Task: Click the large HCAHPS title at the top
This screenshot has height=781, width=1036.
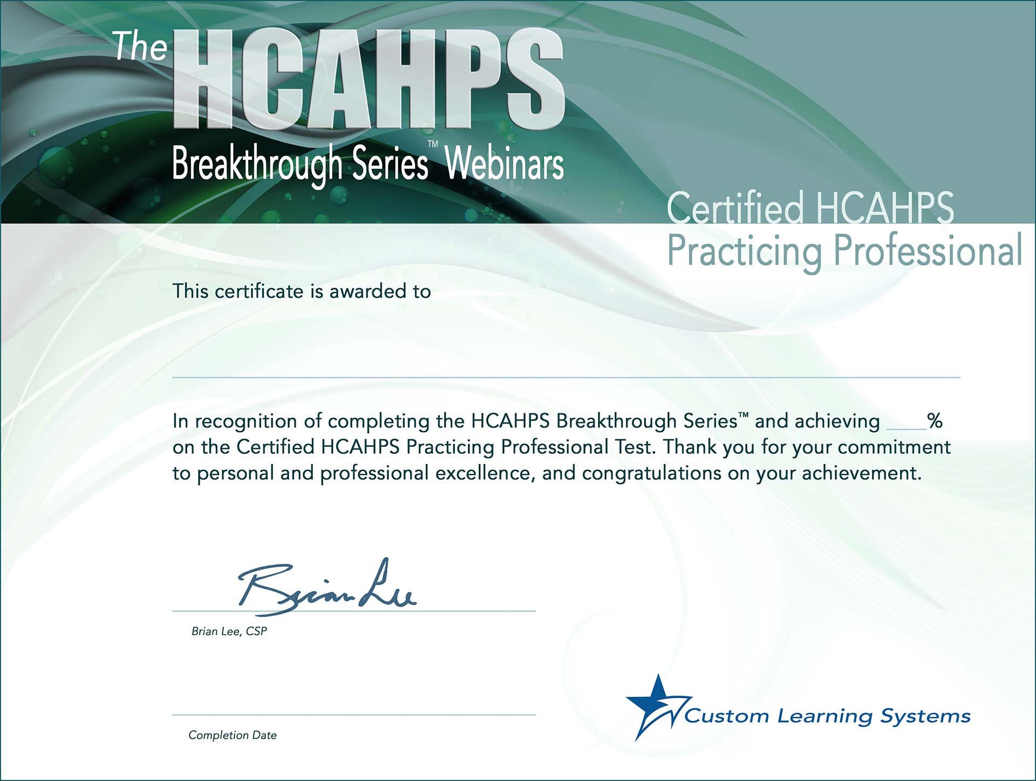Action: pyautogui.click(x=369, y=80)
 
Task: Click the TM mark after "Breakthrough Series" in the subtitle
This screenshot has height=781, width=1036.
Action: pyautogui.click(x=433, y=144)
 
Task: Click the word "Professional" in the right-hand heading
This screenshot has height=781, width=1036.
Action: pyautogui.click(x=928, y=250)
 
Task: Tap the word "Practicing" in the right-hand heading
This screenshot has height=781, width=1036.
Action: pyautogui.click(x=745, y=252)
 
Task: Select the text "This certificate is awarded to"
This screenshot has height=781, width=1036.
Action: pyautogui.click(x=302, y=291)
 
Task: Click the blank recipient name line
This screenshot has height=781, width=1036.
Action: pyautogui.click(x=566, y=377)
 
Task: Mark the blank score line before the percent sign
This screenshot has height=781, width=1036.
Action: pyautogui.click(x=906, y=429)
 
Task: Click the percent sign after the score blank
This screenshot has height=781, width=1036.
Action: pyautogui.click(x=935, y=421)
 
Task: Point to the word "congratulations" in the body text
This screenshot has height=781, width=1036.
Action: pyautogui.click(x=652, y=473)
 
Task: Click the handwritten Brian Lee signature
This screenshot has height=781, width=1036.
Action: pyautogui.click(x=328, y=587)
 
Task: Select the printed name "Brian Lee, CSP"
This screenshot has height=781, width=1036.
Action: pyautogui.click(x=229, y=631)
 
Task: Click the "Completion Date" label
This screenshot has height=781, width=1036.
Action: pyautogui.click(x=233, y=735)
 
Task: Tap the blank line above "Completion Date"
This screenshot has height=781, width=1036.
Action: pyautogui.click(x=354, y=715)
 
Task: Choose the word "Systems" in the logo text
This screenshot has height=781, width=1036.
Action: pyautogui.click(x=925, y=717)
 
